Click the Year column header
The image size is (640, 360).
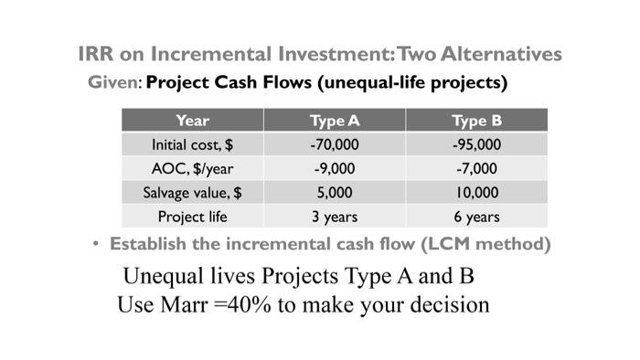tap(192, 120)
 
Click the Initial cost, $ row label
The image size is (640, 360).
tap(192, 144)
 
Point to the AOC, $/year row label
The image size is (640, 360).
tap(192, 168)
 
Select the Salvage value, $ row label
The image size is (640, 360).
tap(192, 193)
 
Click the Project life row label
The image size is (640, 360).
tap(192, 217)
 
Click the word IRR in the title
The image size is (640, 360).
tap(96, 55)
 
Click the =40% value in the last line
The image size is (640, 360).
tap(245, 302)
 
